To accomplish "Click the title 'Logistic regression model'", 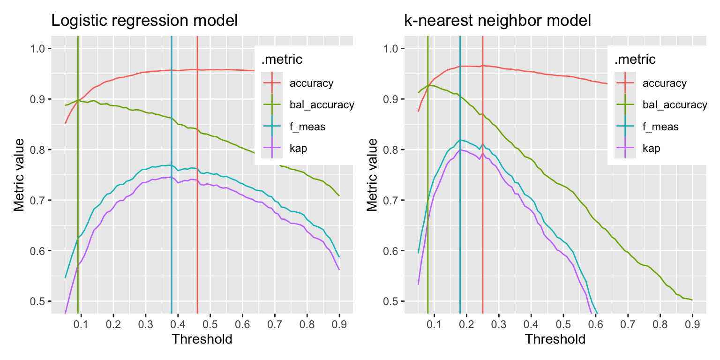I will [x=144, y=21].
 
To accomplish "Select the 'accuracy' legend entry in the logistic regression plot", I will [x=311, y=83].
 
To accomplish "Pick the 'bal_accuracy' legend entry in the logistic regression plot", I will [x=322, y=105].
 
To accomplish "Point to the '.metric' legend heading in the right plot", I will [x=635, y=60].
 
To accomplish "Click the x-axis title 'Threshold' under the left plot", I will [x=202, y=339].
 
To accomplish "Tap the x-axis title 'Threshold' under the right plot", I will [x=555, y=339].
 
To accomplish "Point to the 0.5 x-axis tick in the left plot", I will [x=210, y=324].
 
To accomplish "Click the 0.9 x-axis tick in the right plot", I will [x=692, y=324].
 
